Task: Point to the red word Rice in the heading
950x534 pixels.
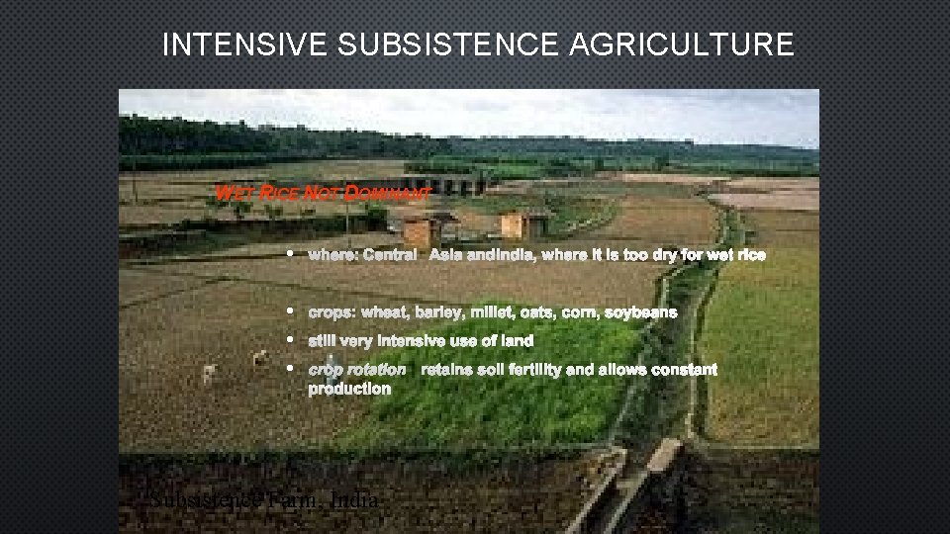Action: point(280,193)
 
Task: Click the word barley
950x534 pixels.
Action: point(439,311)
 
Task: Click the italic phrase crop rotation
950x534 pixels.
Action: point(356,369)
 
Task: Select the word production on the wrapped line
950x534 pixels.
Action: point(349,389)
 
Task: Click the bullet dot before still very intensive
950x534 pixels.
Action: point(290,340)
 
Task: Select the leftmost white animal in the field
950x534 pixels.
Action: point(209,373)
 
